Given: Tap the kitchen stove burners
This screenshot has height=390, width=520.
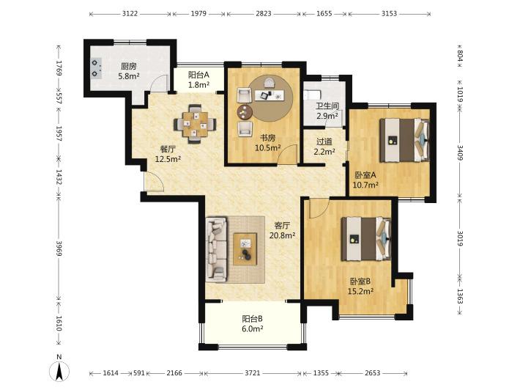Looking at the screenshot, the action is pos(96,68).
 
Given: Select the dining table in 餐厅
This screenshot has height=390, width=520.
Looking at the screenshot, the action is pos(196,124).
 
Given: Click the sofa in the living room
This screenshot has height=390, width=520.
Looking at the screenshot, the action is pos(216,249).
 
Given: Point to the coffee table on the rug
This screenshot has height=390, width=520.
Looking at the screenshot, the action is pos(245,249).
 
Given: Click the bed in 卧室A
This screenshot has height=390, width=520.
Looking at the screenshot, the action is pos(404,140).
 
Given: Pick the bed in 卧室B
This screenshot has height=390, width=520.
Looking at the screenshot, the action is pos(366,239).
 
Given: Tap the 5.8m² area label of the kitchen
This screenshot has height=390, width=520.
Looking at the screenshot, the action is pos(129,76).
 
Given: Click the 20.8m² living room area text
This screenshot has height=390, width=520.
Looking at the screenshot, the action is pos(282,235).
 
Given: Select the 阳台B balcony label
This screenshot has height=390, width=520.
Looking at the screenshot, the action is pos(252,319).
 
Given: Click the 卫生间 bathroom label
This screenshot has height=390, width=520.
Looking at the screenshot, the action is pos(327,106).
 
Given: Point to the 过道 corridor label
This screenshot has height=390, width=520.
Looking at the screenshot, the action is pos(324,141).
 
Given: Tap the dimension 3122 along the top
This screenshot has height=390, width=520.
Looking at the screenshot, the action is pos(130,14).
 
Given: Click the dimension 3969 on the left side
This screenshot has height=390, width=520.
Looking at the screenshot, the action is pos(59,248).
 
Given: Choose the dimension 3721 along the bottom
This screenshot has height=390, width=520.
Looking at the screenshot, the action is pos(253,373).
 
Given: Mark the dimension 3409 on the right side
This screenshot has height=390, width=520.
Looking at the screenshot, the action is pos(460,152).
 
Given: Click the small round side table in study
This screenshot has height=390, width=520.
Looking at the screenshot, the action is pos(245,112).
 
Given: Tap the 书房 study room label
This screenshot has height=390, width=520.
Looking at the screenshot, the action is pos(267,138).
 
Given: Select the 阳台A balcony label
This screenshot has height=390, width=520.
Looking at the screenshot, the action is pos(198,75).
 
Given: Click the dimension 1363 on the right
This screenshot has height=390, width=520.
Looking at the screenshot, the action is pos(460,296).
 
